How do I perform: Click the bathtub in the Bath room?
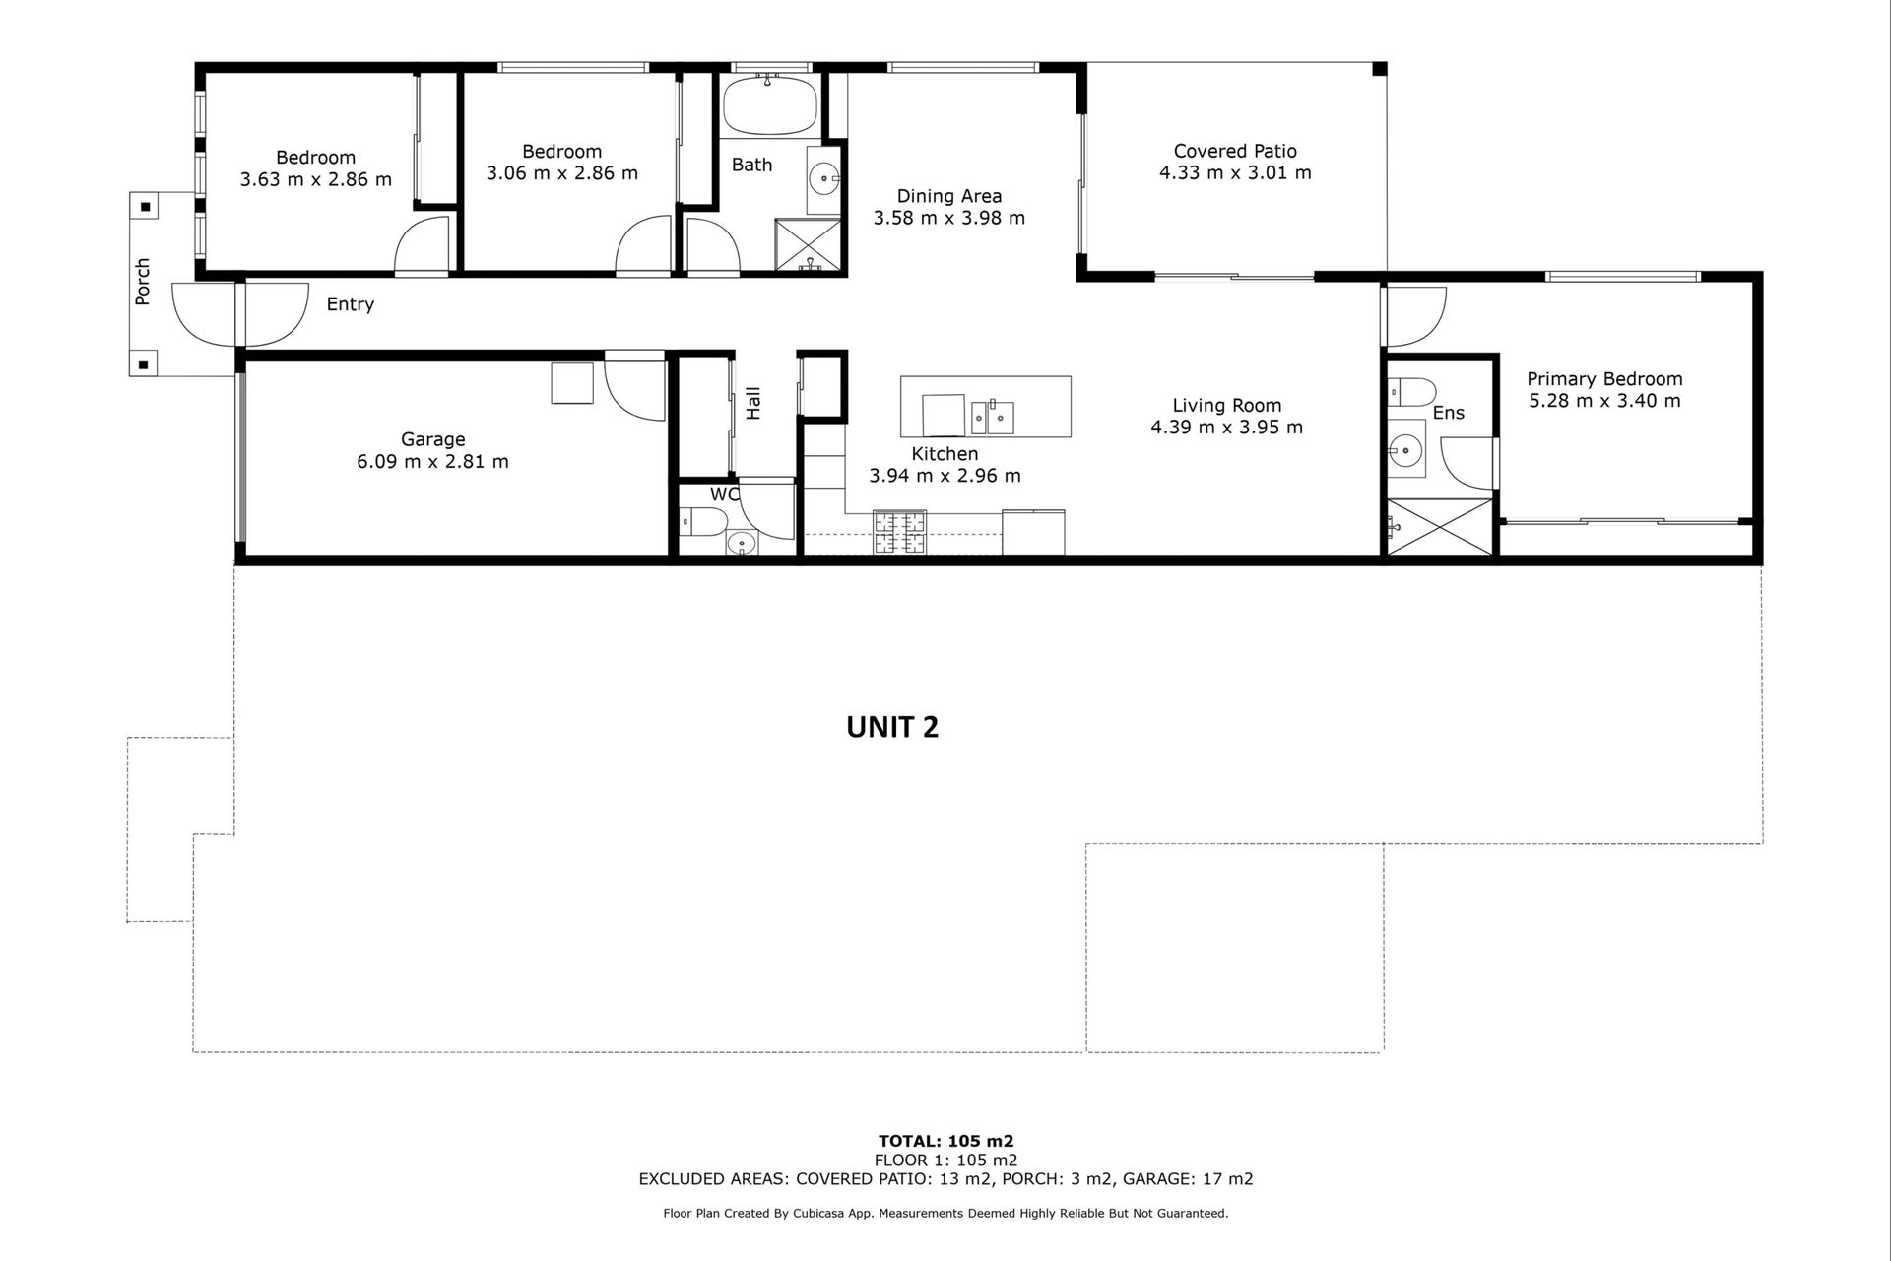(x=769, y=105)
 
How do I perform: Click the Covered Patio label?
(x=1234, y=151)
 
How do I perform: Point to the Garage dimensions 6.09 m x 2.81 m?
(x=432, y=461)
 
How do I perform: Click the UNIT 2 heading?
(x=892, y=727)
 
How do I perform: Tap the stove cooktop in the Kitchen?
(x=899, y=532)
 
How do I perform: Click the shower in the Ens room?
(x=1439, y=529)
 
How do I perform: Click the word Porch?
(x=144, y=281)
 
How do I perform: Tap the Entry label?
(x=350, y=304)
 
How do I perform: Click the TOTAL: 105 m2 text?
(x=945, y=1142)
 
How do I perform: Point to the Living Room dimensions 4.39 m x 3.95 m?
(x=1226, y=427)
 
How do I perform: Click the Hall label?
(x=753, y=403)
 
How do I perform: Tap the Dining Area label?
(x=948, y=196)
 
